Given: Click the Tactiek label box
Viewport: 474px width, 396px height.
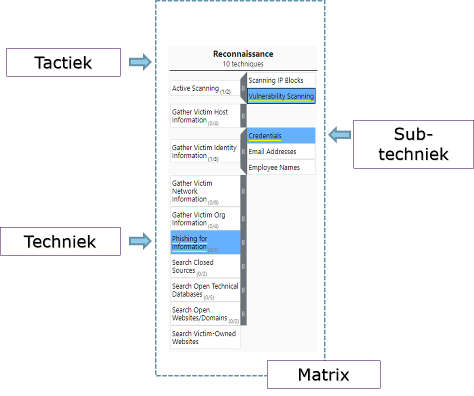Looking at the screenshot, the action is coord(63,62).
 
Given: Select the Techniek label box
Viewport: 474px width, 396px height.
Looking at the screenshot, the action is coord(60,241).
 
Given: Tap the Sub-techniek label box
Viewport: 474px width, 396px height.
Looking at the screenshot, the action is coord(413,144).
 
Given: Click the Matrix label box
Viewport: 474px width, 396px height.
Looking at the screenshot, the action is coord(323,374).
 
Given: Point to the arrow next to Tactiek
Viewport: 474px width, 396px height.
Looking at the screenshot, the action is coord(140,62).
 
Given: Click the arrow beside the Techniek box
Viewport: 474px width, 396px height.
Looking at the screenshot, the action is coord(140,241).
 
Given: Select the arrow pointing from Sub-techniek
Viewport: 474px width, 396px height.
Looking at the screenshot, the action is coord(340,134).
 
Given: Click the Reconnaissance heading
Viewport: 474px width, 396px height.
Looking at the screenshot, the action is coord(243,54).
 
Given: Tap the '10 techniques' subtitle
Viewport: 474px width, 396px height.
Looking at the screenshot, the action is coord(243,64).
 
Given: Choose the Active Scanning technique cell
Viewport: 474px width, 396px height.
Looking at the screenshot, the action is coord(205,88).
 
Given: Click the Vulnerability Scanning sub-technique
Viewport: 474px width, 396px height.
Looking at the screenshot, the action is coord(281,96).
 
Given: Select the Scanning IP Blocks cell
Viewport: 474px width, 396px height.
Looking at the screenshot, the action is coord(281,80).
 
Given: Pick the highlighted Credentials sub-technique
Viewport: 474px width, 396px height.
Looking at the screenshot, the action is coord(281,135).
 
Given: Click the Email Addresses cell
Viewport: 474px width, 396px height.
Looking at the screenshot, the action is coord(281,151).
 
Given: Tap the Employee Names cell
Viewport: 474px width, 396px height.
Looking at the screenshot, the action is coord(281,167).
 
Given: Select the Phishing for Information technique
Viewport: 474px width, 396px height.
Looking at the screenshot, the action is coord(205,242).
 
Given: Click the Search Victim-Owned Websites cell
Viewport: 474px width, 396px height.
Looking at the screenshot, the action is coord(205,337).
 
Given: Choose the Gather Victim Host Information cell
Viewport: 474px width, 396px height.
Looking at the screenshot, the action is coord(205,116).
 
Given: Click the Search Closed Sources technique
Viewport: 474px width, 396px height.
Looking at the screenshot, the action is coord(205,266).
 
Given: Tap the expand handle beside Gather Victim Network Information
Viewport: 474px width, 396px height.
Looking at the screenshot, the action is coord(243,191).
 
